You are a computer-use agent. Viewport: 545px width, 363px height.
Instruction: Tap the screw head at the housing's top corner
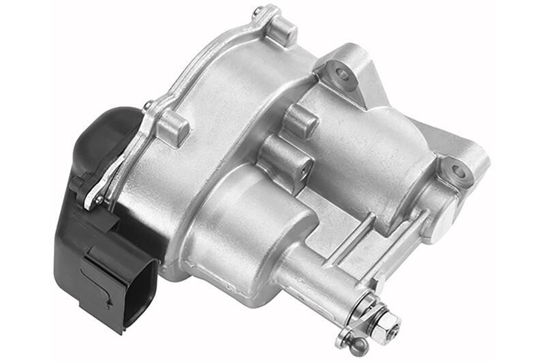click(x=258, y=12)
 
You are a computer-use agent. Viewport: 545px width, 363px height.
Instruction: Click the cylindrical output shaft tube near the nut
click(x=320, y=279)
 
